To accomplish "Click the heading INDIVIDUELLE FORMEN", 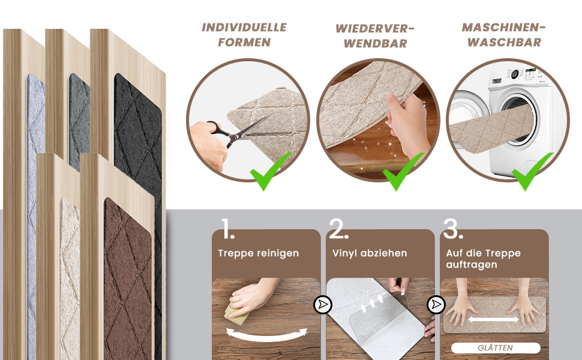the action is (x=244, y=35).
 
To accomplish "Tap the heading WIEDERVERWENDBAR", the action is (x=375, y=36).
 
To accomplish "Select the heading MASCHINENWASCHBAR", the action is (x=503, y=35).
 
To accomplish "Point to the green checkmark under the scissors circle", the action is (x=269, y=172).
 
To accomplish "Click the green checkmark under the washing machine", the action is (x=532, y=172).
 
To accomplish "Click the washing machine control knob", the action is (x=515, y=74).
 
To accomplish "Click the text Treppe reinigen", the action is (x=259, y=253).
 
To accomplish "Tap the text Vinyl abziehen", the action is (x=370, y=253).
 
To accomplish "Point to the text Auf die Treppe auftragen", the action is (x=483, y=259).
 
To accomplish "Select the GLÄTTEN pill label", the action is (x=496, y=348).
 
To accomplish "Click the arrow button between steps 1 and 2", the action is (x=323, y=305).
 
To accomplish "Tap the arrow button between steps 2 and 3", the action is (x=436, y=305).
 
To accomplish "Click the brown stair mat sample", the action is (x=128, y=278).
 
